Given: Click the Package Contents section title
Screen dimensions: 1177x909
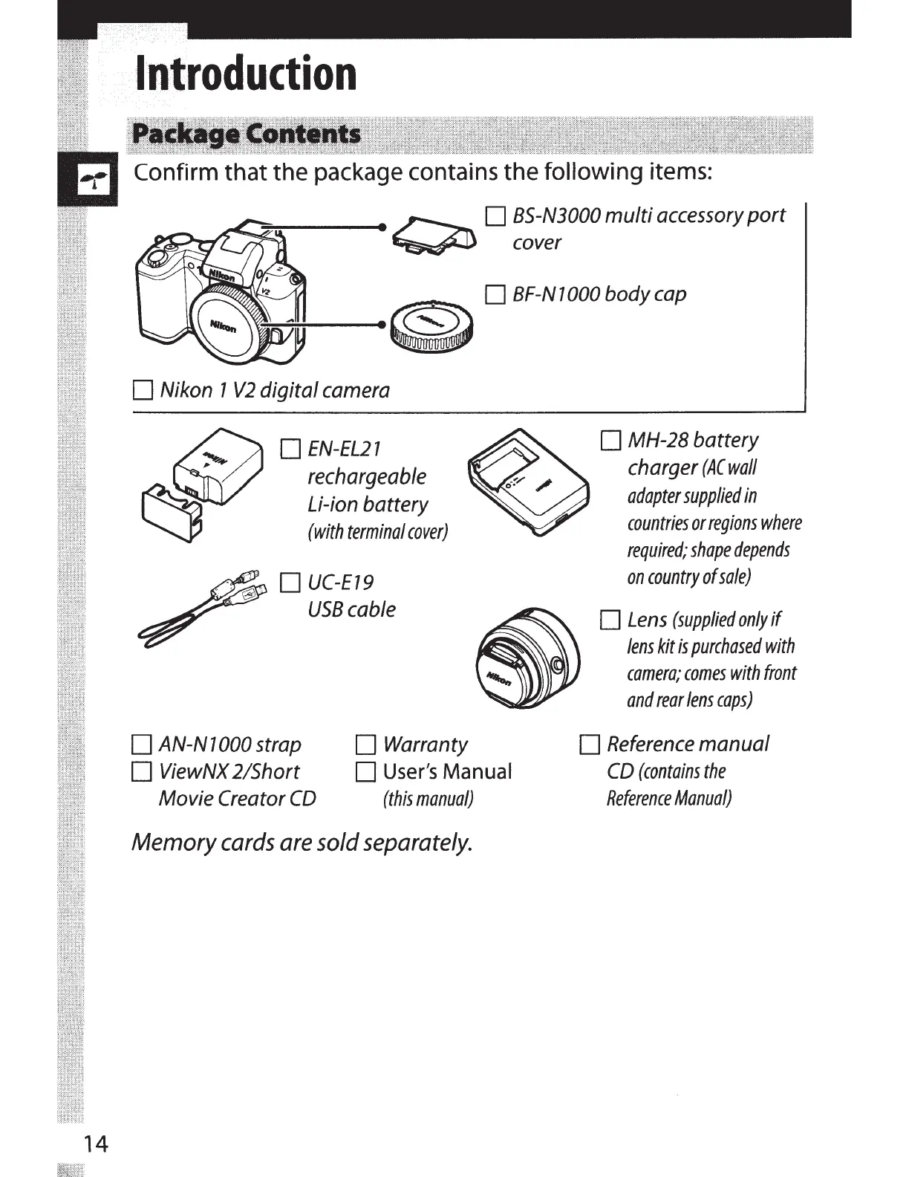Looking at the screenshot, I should (x=246, y=135).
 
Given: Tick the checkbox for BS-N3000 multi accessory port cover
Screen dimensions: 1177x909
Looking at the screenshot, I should (x=495, y=217).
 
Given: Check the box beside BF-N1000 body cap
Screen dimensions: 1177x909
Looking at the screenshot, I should (x=495, y=296).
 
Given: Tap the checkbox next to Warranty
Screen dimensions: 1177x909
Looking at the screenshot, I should (x=365, y=745).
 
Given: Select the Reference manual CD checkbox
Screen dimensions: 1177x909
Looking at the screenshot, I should (x=589, y=745).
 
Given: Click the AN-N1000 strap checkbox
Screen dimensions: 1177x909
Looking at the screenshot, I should (x=140, y=745).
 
